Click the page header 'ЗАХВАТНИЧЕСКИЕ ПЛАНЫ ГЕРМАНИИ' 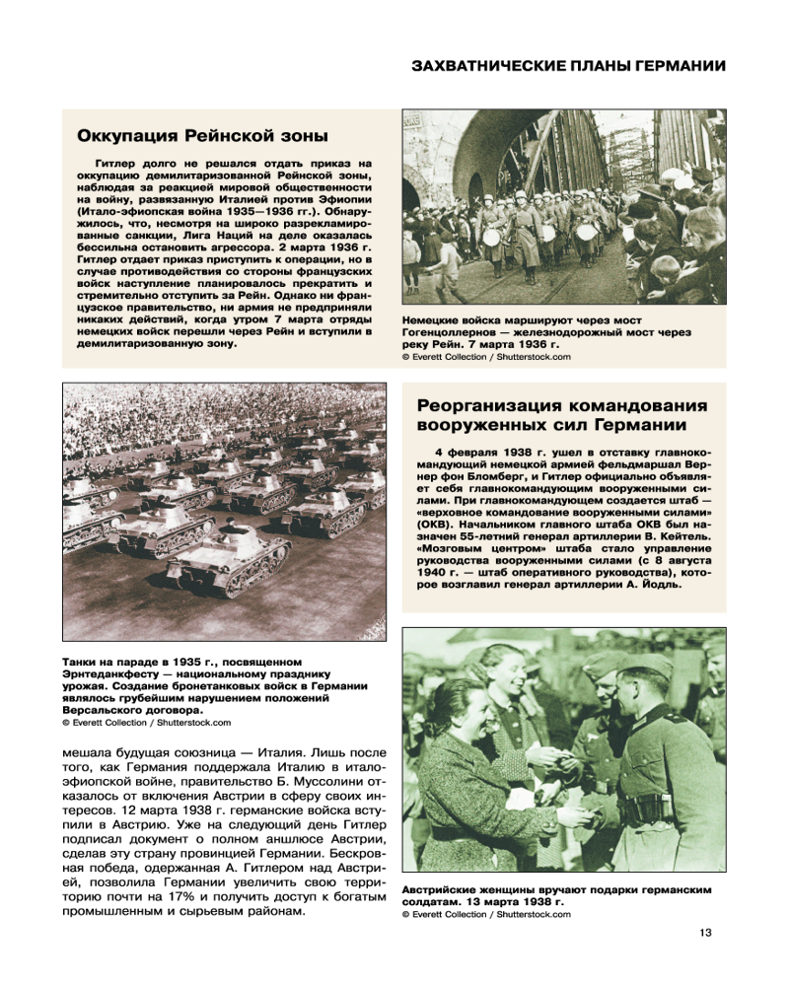pos(568,66)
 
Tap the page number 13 pos(704,934)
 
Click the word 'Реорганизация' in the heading pos(488,406)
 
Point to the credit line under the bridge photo pos(486,357)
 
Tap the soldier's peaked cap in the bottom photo pos(640,669)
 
